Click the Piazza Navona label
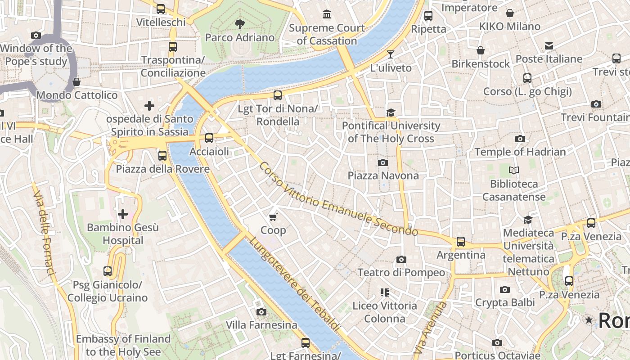click(383, 175)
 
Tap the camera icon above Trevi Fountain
click(596, 104)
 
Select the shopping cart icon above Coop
click(273, 217)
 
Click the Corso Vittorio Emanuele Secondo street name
click(338, 199)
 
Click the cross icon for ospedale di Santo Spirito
click(149, 106)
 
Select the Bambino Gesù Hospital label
click(122, 234)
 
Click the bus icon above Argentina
click(461, 242)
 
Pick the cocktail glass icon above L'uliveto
click(391, 54)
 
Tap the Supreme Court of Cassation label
click(327, 34)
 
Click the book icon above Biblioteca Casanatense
click(513, 171)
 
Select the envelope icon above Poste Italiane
click(549, 46)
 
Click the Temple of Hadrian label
click(520, 152)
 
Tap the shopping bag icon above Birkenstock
click(481, 50)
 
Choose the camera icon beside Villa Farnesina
click(261, 312)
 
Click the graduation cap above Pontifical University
click(391, 112)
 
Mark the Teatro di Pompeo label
click(401, 272)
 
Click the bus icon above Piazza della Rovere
click(162, 156)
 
